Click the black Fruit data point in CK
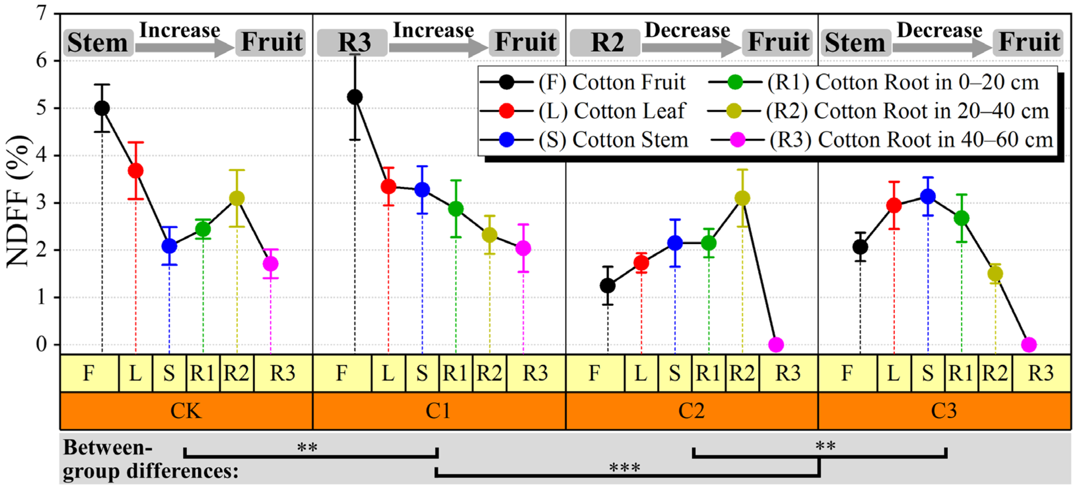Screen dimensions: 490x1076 coord(102,108)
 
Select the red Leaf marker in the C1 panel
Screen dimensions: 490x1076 coord(389,187)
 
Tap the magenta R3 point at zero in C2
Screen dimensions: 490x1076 coord(776,344)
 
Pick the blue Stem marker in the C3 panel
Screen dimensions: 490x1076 coord(928,196)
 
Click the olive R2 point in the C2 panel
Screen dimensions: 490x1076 coord(742,198)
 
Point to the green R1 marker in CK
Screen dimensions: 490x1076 coord(203,229)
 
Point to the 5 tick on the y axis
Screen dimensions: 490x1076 coord(42,108)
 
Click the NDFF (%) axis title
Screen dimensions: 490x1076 coord(17,201)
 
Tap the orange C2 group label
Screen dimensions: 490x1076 coord(691,410)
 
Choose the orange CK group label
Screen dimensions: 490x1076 coord(186,410)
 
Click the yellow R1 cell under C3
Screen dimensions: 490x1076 coord(961,373)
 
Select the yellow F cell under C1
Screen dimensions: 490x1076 coord(342,373)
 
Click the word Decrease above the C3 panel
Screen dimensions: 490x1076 coord(939,30)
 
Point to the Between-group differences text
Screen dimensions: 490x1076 coord(150,459)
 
